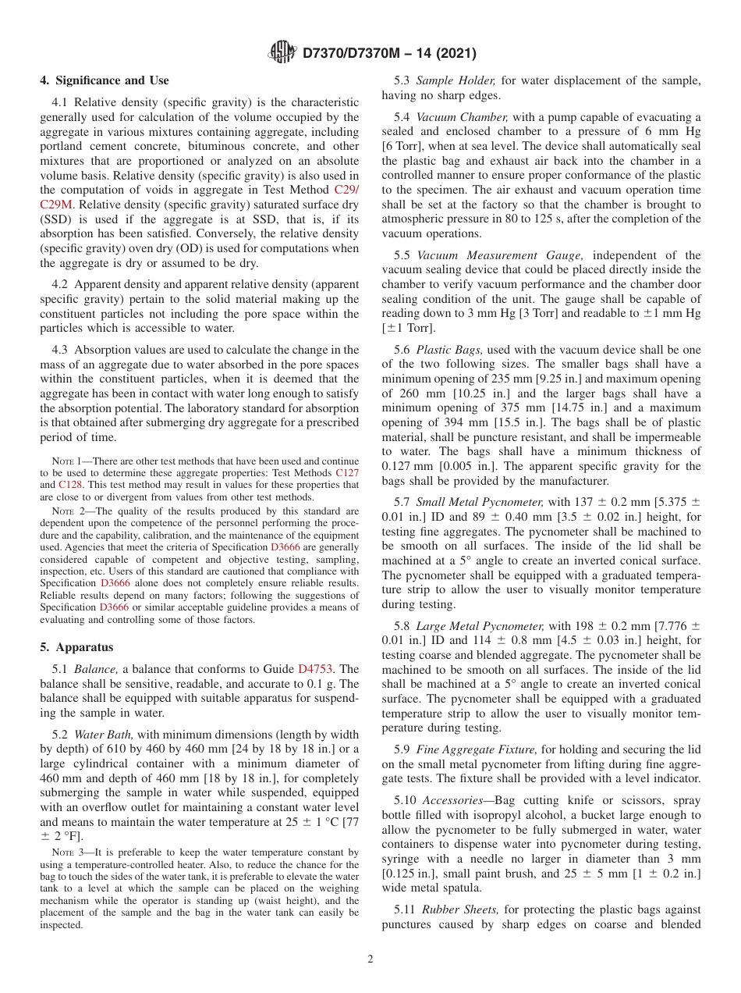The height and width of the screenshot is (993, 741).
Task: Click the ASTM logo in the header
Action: [282, 52]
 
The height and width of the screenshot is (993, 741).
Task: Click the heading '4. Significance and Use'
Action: [104, 80]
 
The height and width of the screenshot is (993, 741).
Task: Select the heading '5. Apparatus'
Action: [76, 647]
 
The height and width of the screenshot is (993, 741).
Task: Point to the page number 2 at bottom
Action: [370, 959]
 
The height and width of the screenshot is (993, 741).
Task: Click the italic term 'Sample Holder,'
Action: [456, 80]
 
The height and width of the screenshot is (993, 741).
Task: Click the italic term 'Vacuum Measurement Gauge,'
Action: [494, 255]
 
